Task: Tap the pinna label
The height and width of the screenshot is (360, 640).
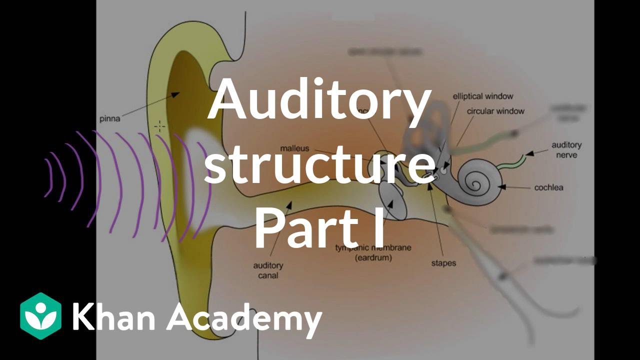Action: pyautogui.click(x=109, y=119)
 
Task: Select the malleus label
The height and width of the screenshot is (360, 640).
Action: pyautogui.click(x=294, y=148)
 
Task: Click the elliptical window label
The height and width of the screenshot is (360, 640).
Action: pyautogui.click(x=482, y=96)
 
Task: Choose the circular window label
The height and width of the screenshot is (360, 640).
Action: pyautogui.click(x=495, y=111)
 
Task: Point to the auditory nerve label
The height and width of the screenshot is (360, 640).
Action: pyautogui.click(x=566, y=150)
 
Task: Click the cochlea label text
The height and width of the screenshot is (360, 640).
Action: pyautogui.click(x=548, y=187)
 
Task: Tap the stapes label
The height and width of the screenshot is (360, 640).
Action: pyautogui.click(x=443, y=262)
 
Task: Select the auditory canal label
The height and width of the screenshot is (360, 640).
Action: pyautogui.click(x=268, y=270)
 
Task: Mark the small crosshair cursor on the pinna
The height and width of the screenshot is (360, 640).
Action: pyautogui.click(x=159, y=126)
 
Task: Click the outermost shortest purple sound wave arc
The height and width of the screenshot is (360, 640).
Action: pyautogui.click(x=48, y=177)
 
